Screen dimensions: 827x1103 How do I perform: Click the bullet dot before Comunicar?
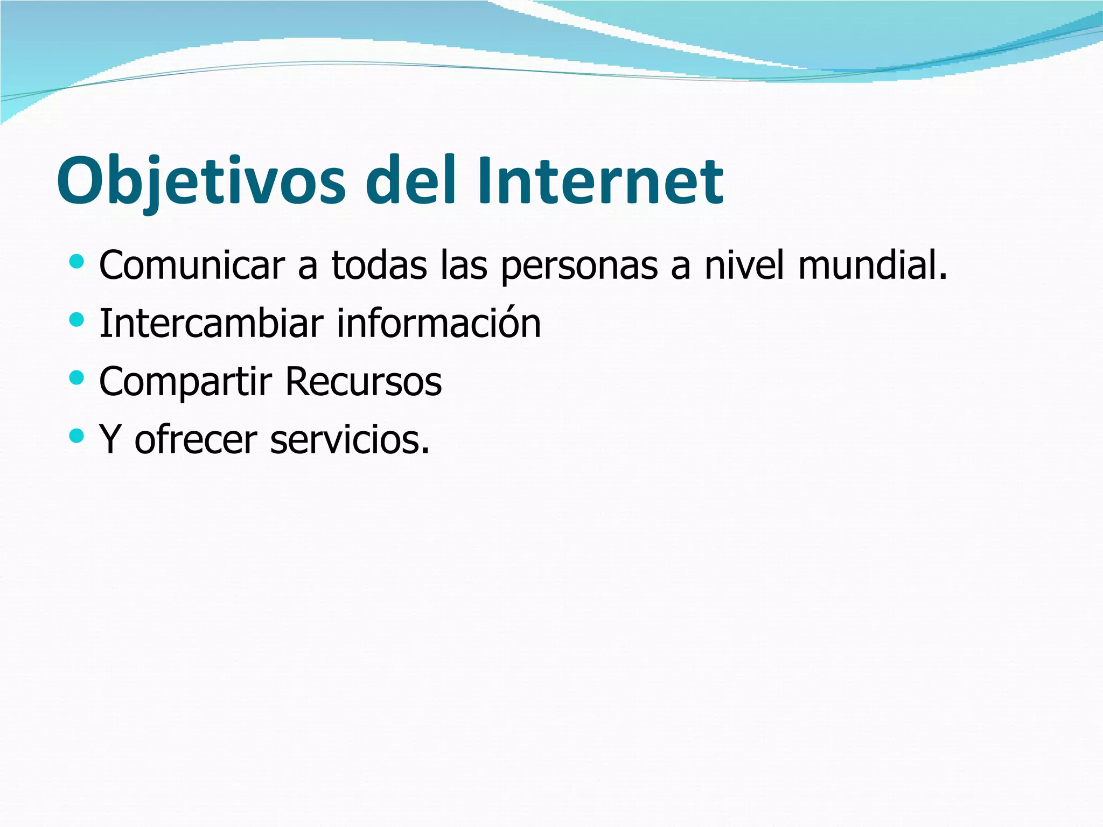point(77,262)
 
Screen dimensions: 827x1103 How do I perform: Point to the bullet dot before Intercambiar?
point(77,320)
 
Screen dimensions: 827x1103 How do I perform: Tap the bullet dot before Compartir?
point(77,378)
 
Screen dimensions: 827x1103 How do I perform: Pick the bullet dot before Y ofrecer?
point(77,436)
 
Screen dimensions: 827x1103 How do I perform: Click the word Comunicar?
point(192,265)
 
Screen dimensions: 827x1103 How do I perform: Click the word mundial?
point(872,265)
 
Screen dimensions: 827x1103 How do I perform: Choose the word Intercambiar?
point(212,324)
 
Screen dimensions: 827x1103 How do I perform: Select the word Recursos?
point(364,382)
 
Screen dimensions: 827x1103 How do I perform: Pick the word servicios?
point(350,439)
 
